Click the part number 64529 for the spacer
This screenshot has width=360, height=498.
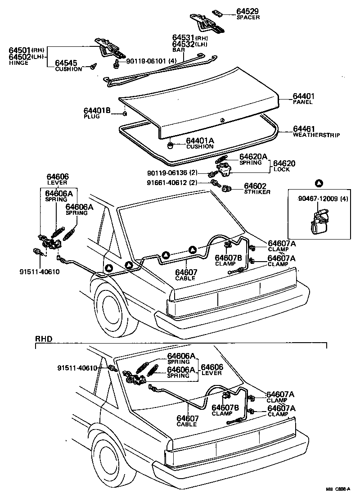[248, 11]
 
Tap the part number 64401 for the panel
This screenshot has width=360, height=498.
[304, 97]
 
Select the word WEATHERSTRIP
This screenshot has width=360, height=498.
[316, 135]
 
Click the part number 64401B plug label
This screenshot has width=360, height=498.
[97, 111]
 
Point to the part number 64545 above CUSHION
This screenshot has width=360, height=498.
[66, 63]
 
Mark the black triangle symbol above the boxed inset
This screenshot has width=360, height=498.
[319, 183]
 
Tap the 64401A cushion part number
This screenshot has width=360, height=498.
[200, 141]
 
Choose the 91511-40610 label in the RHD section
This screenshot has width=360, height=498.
[77, 368]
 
